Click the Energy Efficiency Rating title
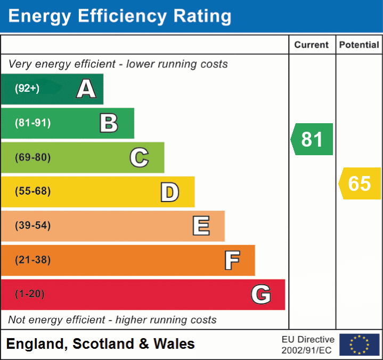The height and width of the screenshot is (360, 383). (120, 16)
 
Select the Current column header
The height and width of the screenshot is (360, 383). (312, 45)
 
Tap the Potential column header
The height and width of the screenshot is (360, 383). (359, 45)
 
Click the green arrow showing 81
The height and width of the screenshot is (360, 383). (312, 139)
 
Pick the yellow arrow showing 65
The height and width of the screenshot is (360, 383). (360, 183)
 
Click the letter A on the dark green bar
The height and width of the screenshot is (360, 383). (86, 89)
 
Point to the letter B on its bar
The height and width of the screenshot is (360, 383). (109, 123)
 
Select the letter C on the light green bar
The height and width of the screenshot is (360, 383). (139, 157)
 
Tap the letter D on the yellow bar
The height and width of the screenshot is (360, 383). (169, 192)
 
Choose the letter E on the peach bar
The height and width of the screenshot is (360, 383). (200, 226)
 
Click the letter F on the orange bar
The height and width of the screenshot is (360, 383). (231, 260)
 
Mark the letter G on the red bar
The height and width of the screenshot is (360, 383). (261, 294)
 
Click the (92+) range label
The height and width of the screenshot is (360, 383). (27, 89)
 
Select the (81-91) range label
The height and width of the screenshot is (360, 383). (33, 123)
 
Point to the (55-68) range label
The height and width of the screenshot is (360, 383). (33, 191)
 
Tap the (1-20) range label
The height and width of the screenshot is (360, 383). (30, 294)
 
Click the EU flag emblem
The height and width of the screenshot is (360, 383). (359, 345)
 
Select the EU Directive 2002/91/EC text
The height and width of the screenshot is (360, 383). (308, 345)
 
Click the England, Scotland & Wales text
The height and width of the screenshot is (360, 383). (101, 344)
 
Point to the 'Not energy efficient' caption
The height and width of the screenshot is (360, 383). (112, 320)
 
